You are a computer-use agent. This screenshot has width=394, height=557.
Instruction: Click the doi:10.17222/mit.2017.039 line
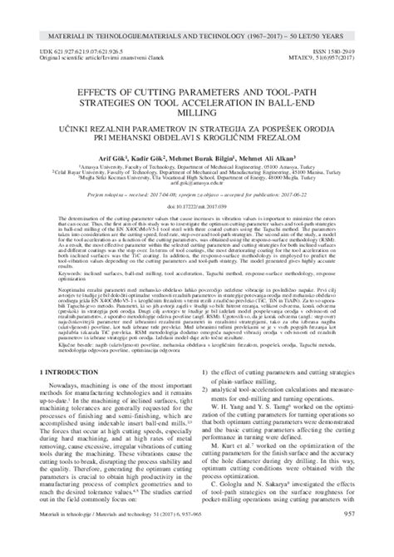coord(197,224)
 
